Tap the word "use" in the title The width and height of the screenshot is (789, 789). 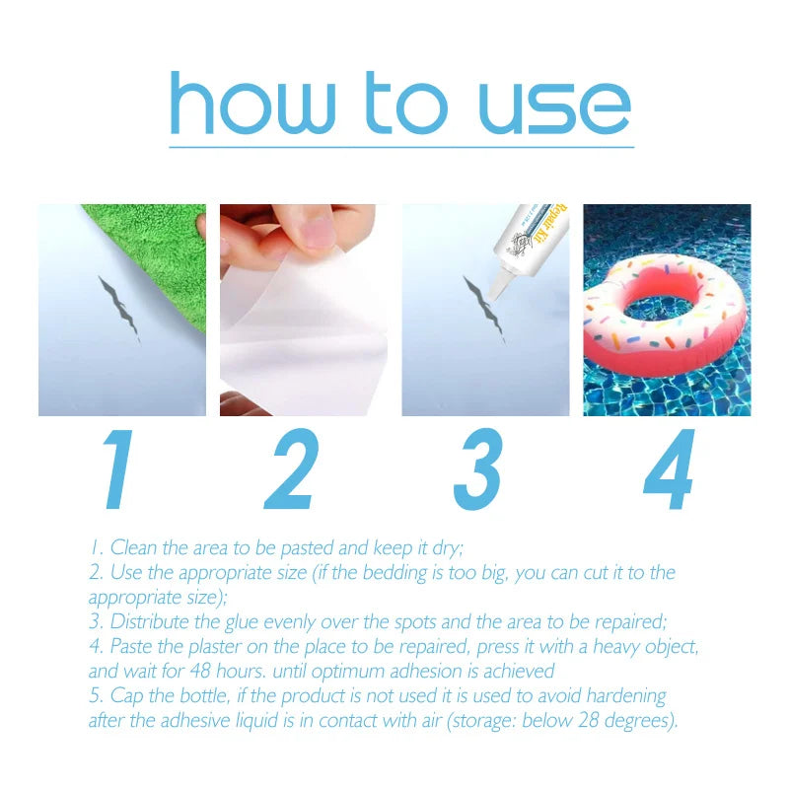(x=554, y=106)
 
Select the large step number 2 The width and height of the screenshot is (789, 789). (x=292, y=471)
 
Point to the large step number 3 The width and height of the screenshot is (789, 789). (x=477, y=471)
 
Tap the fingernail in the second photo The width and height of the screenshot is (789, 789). (x=318, y=234)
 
